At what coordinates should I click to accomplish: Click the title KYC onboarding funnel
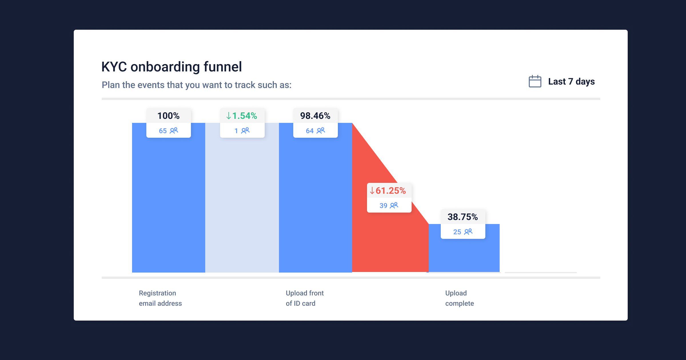point(171,67)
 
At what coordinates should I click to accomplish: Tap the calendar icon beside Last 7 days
point(535,81)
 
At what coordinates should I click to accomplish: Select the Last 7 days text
point(571,81)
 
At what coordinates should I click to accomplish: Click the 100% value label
point(168,116)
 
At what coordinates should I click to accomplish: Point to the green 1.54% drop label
point(242,116)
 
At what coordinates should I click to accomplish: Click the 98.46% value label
point(315,116)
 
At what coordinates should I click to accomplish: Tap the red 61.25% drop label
point(389,191)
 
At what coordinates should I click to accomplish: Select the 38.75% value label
point(462,217)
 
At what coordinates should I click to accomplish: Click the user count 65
point(163,131)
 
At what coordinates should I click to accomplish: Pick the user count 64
point(310,131)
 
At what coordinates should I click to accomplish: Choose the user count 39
point(383,206)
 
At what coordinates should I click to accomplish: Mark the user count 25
point(457,232)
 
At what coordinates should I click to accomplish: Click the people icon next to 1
point(245,131)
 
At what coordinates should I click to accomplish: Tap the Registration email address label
point(160,298)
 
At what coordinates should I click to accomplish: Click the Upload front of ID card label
point(304,298)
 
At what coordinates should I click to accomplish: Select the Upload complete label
point(459,298)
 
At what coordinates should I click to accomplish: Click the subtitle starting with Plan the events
point(196,85)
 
